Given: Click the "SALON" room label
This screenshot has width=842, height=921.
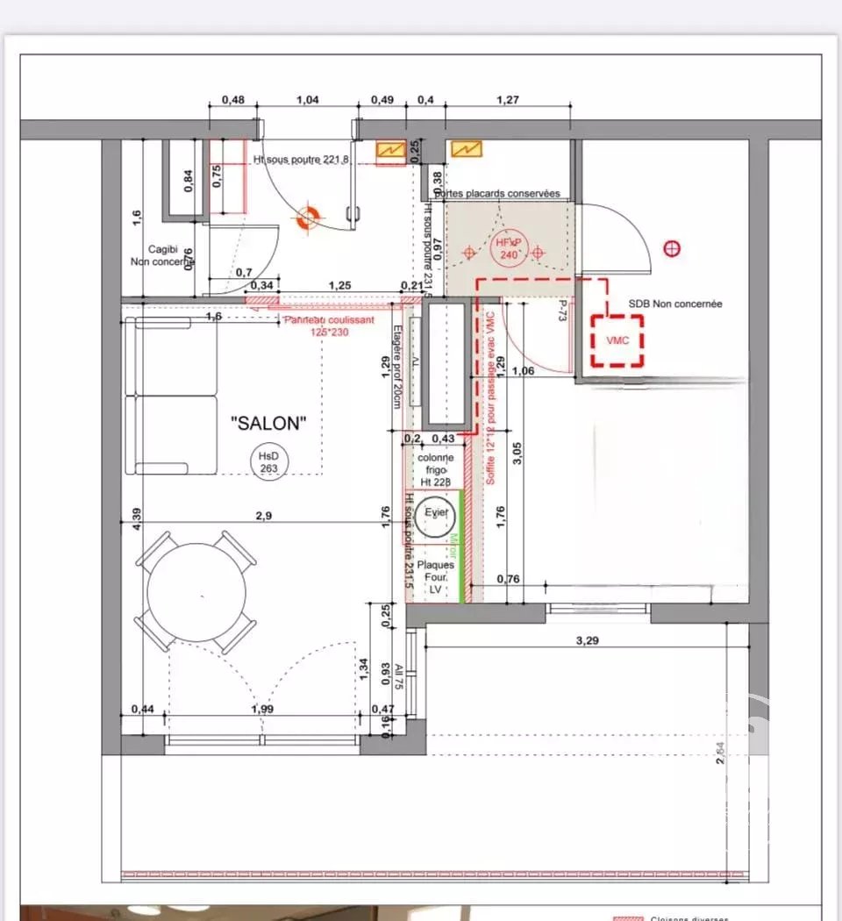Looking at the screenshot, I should [x=268, y=424].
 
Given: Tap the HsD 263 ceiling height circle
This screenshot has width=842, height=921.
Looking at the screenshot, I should [x=265, y=461].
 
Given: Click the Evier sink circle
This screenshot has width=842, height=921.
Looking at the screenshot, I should [x=433, y=518].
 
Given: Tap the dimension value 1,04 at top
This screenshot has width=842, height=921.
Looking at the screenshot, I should [x=308, y=100].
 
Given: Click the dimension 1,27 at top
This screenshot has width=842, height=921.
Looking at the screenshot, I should [x=507, y=100].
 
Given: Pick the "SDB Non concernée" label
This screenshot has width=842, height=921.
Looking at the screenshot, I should [x=675, y=303].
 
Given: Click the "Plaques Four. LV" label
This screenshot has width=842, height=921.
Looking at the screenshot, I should [x=435, y=577].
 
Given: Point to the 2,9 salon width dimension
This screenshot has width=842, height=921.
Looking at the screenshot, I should [x=263, y=516].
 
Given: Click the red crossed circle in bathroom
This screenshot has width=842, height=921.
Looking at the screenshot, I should [x=673, y=249].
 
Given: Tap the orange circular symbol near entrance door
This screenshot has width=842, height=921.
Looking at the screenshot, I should [x=307, y=219].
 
